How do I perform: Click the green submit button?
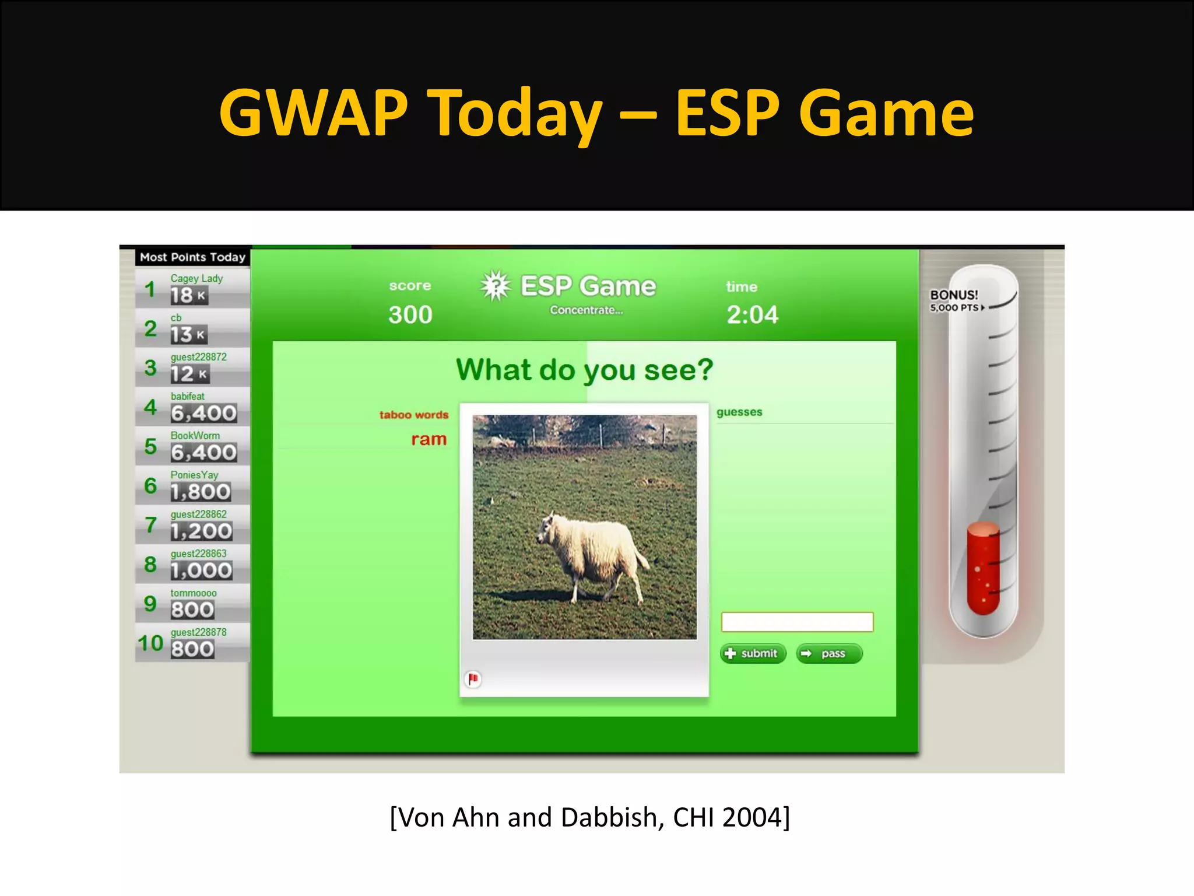pos(753,653)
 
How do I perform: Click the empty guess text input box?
pos(797,622)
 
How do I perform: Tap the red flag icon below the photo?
pos(473,679)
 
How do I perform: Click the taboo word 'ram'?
pos(429,439)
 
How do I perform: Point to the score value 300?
pos(410,315)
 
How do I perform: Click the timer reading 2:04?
pos(752,315)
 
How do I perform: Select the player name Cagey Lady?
pos(196,278)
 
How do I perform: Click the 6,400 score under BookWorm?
pos(203,453)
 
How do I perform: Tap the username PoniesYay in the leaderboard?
pos(194,475)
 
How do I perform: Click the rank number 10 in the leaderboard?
pos(150,643)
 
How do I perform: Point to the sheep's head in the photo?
pos(547,528)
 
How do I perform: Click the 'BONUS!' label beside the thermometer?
pos(954,295)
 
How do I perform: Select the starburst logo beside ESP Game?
pos(496,286)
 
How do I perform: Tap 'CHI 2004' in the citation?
pos(731,818)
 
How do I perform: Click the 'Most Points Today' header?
pos(192,257)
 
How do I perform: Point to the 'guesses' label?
pos(739,412)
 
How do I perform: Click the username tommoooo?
pos(194,593)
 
